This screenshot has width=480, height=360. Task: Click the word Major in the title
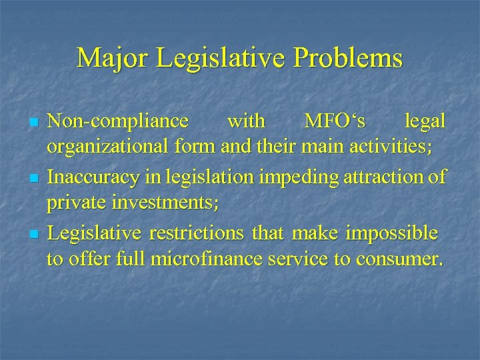(x=113, y=59)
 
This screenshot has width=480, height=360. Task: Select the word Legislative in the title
(x=225, y=59)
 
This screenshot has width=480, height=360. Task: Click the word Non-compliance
(x=118, y=122)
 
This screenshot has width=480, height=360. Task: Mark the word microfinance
(x=206, y=259)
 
